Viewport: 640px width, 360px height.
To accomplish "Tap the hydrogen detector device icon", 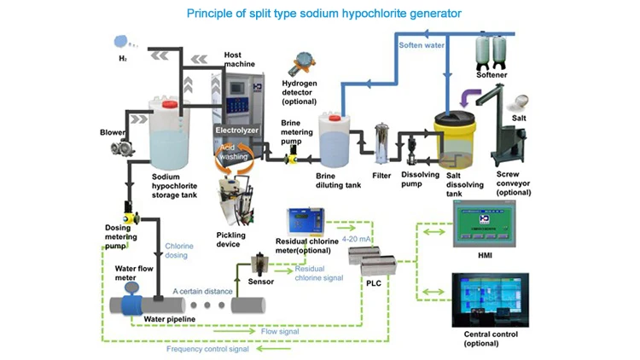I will (x=301, y=62).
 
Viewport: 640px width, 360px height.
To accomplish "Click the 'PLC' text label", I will (x=374, y=282).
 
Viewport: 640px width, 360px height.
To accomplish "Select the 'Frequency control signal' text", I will (x=207, y=349).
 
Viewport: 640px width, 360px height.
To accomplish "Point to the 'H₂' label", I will (x=122, y=59).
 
